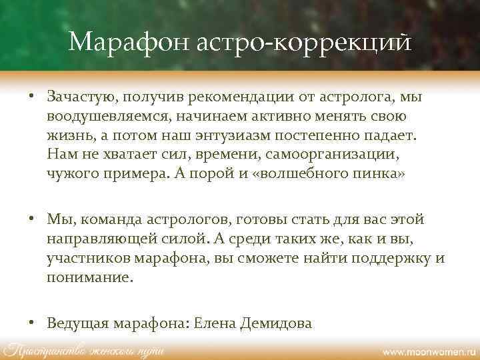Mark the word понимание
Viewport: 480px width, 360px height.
pos(89,278)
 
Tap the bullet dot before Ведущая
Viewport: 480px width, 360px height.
pos(31,323)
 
